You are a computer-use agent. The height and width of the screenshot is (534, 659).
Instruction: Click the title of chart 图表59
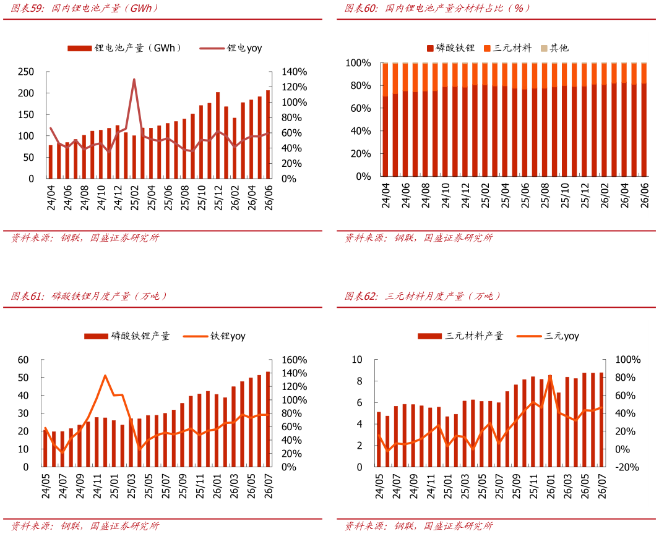pyautogui.click(x=84, y=8)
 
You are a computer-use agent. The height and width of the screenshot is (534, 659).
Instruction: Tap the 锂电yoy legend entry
pyautogui.click(x=231, y=48)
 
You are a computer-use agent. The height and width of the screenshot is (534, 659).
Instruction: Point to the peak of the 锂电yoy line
pyautogui.click(x=134, y=79)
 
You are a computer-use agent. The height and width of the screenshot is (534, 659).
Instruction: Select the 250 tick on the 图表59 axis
pyautogui.click(x=25, y=72)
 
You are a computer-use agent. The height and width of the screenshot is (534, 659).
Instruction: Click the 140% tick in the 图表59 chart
pyautogui.click(x=294, y=72)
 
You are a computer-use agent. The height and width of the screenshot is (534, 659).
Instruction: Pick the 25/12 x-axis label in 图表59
pyautogui.click(x=218, y=197)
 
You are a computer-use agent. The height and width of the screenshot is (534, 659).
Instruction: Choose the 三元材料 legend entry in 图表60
pyautogui.click(x=507, y=48)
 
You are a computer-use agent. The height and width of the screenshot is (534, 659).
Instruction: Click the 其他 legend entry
pyautogui.click(x=554, y=48)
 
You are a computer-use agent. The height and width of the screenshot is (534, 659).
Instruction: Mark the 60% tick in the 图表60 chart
pyautogui.click(x=361, y=108)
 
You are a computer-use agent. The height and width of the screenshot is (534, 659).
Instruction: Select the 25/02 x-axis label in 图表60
pyautogui.click(x=485, y=195)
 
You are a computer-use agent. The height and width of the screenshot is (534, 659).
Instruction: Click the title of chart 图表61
pyautogui.click(x=88, y=296)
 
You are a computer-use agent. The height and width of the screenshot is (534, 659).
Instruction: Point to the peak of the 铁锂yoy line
pyautogui.click(x=105, y=375)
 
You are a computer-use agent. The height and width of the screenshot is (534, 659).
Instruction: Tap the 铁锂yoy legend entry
pyautogui.click(x=214, y=336)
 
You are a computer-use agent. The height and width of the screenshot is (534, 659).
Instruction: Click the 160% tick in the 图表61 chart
pyautogui.click(x=294, y=360)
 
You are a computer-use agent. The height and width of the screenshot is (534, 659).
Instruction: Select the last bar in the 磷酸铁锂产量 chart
pyautogui.click(x=268, y=419)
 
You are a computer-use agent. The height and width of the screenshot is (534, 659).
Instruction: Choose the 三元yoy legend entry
pyautogui.click(x=548, y=336)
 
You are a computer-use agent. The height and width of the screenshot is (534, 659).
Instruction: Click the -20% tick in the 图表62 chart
pyautogui.click(x=627, y=467)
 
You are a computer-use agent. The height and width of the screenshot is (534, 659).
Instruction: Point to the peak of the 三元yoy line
pyautogui.click(x=550, y=376)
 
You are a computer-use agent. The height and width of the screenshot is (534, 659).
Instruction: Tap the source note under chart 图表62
pyautogui.click(x=418, y=525)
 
